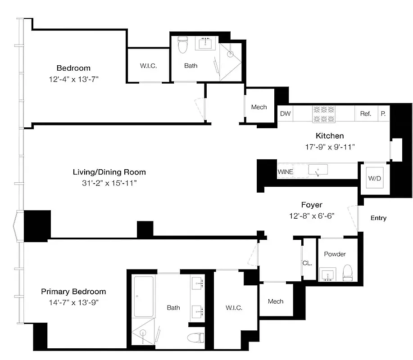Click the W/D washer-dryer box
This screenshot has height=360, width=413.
coord(374,178)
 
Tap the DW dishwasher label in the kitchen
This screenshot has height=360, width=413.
coord(285,114)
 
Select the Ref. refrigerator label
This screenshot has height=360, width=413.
coord(365,114)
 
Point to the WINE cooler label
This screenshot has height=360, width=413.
coord(286,171)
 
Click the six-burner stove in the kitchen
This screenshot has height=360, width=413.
coord(323,114)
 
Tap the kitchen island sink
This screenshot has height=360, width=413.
coord(318,170)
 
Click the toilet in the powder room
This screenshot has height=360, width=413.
coord(348,273)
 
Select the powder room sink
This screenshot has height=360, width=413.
coord(327,274)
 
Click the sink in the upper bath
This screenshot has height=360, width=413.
coord(207,44)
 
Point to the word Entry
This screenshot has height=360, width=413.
coord(378,218)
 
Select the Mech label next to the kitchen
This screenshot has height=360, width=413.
coord(259,107)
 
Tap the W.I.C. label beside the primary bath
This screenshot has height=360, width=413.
coord(234,308)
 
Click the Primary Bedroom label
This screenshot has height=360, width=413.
coord(73,292)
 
